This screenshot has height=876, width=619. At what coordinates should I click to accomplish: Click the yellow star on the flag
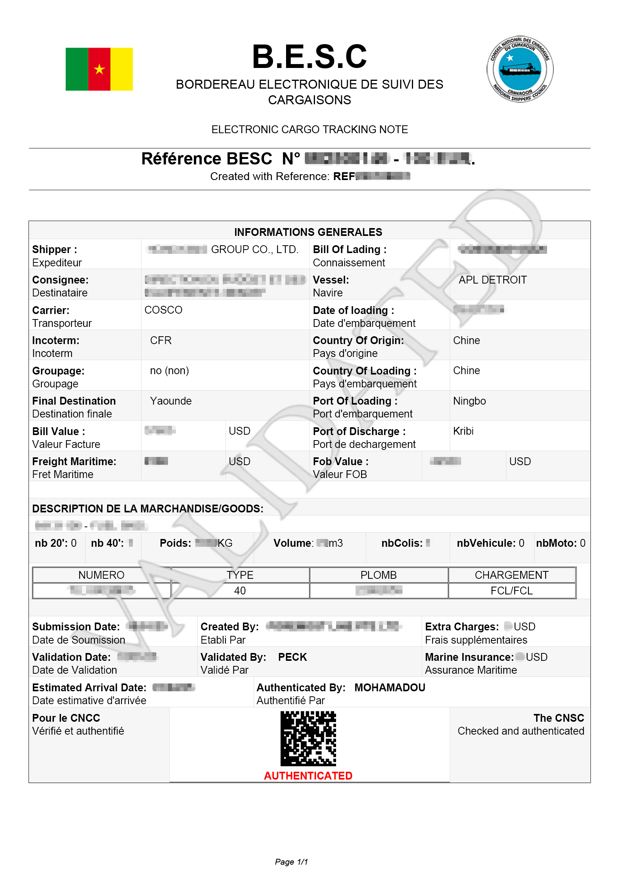coord(99,70)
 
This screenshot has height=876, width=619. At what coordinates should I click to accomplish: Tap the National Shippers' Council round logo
coord(520,69)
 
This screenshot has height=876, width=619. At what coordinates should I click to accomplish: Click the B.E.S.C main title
coord(309,57)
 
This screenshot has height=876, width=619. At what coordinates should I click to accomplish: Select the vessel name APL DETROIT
coord(492,280)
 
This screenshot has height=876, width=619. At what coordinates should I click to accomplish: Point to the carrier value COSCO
coord(163,310)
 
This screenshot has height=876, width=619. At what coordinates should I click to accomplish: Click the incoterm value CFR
coord(161,341)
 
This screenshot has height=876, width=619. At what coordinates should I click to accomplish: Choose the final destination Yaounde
coord(171,401)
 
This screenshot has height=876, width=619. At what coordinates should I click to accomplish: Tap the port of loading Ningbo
coord(469,401)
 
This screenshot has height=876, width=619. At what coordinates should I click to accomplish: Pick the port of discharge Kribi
coord(463,431)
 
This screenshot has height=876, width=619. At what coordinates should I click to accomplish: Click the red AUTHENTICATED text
coord(308,776)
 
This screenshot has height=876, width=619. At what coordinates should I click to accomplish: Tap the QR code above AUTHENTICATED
coord(308,739)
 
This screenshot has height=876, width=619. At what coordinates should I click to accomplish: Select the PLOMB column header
coord(378,575)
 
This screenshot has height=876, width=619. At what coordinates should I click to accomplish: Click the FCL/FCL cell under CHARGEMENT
coord(512,591)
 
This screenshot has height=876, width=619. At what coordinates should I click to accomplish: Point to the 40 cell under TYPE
coord(240,591)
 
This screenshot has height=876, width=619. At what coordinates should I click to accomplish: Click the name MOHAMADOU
coord(390,688)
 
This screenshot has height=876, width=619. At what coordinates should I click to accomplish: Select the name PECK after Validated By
coord(292,657)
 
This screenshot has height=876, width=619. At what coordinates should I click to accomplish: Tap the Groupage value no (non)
coord(169,371)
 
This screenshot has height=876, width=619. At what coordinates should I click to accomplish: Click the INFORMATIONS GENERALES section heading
coord(308,232)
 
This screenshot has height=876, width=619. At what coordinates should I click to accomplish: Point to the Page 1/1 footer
coord(292,862)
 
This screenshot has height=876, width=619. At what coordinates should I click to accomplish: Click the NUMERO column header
coord(101,575)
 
